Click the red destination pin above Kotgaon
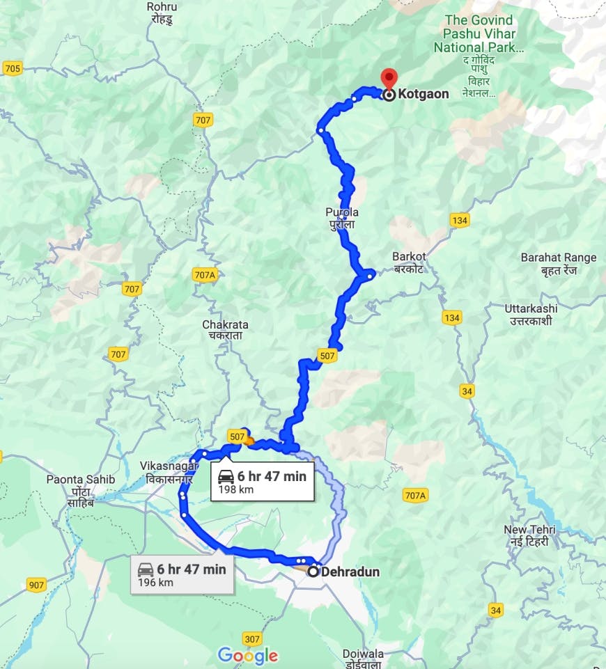pos(389,78)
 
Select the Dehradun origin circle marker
pos(314,572)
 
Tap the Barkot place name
pos(409,262)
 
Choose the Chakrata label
pos(225,330)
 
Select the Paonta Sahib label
pos(80,485)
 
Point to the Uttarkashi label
pos(530,313)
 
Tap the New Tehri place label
pos(529,535)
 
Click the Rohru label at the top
pos(162,12)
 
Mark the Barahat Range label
pos(559,263)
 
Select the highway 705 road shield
pos(13,68)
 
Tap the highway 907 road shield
pos(37,585)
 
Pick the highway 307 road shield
pos(252,638)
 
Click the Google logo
pos(247,655)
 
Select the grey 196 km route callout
pos(182,575)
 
